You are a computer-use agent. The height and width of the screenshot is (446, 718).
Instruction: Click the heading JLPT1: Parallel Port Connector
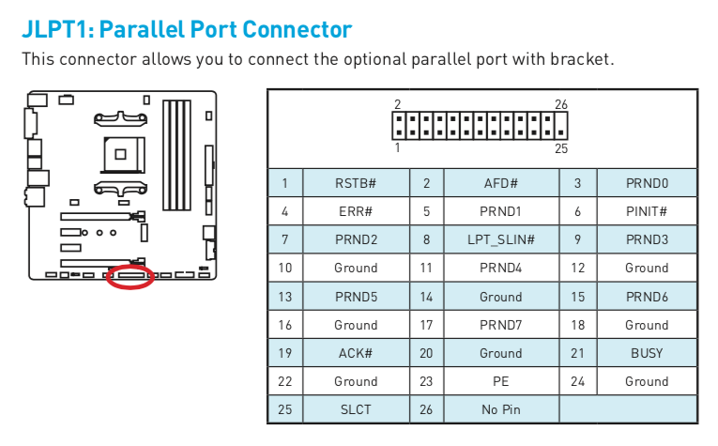coord(187,28)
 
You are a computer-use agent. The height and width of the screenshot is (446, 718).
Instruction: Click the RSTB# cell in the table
coord(356,183)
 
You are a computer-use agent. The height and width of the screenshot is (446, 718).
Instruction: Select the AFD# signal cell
coord(501,183)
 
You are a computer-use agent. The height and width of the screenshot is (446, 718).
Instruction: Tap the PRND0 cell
coord(647,183)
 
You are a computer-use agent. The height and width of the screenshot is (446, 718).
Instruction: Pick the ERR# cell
coord(356,211)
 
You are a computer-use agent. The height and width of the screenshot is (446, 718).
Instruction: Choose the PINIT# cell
coord(647,211)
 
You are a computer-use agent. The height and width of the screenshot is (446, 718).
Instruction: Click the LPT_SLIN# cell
coord(501,239)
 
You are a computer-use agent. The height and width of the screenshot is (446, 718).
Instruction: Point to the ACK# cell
coord(356,353)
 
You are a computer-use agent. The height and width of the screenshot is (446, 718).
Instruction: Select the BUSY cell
coord(647,353)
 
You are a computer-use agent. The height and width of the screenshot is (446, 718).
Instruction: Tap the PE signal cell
coord(501,381)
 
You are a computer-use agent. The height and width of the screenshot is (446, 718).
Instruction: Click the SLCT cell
coord(356,409)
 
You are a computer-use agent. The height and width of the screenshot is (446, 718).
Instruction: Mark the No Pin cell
coord(501,409)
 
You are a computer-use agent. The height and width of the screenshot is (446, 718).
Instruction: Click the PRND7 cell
coord(501,325)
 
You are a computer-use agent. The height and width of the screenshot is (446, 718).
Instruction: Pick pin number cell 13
coord(285,297)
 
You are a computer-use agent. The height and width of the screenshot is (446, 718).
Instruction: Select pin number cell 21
coord(577,353)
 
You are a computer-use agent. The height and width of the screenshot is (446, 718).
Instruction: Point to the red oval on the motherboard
coord(130,277)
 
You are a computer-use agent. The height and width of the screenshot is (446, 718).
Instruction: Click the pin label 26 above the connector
coord(560,103)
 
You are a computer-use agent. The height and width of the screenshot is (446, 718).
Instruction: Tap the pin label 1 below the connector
coord(398,147)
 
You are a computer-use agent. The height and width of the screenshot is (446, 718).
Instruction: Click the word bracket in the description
coord(583,59)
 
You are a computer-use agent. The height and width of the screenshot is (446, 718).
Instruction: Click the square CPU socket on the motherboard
coord(119,148)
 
